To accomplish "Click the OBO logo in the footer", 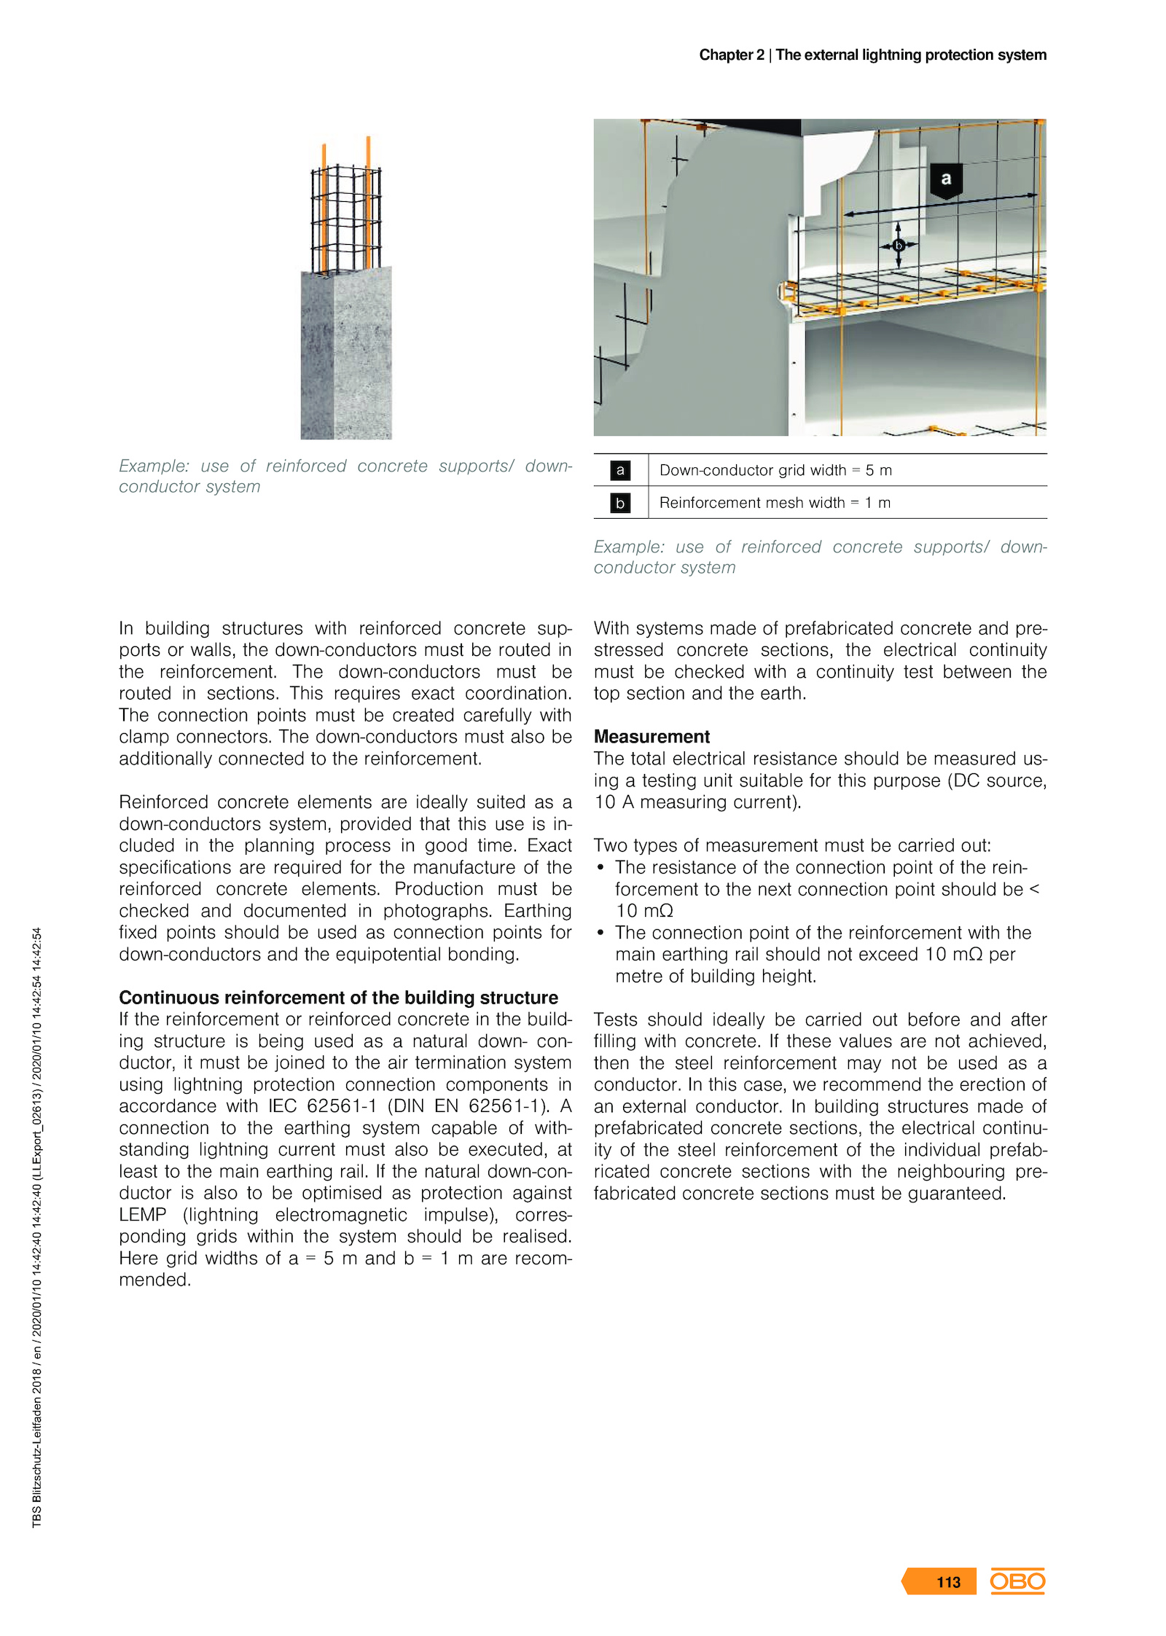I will pyautogui.click(x=1017, y=1581).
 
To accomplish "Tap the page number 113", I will pyautogui.click(x=948, y=1581).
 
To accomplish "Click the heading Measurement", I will pyautogui.click(x=652, y=736).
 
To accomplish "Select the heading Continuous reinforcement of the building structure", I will pyautogui.click(x=338, y=997).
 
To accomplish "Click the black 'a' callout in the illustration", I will pyautogui.click(x=946, y=179).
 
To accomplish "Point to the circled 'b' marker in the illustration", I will pyautogui.click(x=898, y=246).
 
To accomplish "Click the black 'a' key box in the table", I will pyautogui.click(x=620, y=470).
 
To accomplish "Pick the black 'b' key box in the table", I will pyautogui.click(x=620, y=503).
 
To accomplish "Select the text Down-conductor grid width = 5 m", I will pyautogui.click(x=775, y=470).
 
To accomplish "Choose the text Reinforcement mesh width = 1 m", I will pyautogui.click(x=775, y=503).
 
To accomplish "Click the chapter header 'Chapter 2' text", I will pyautogui.click(x=732, y=55).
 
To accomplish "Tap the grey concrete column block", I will pyautogui.click(x=346, y=353).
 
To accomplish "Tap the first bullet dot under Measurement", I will pyautogui.click(x=600, y=867).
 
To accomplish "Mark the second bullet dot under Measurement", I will pyautogui.click(x=600, y=933).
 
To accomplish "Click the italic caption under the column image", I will pyautogui.click(x=345, y=476).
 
